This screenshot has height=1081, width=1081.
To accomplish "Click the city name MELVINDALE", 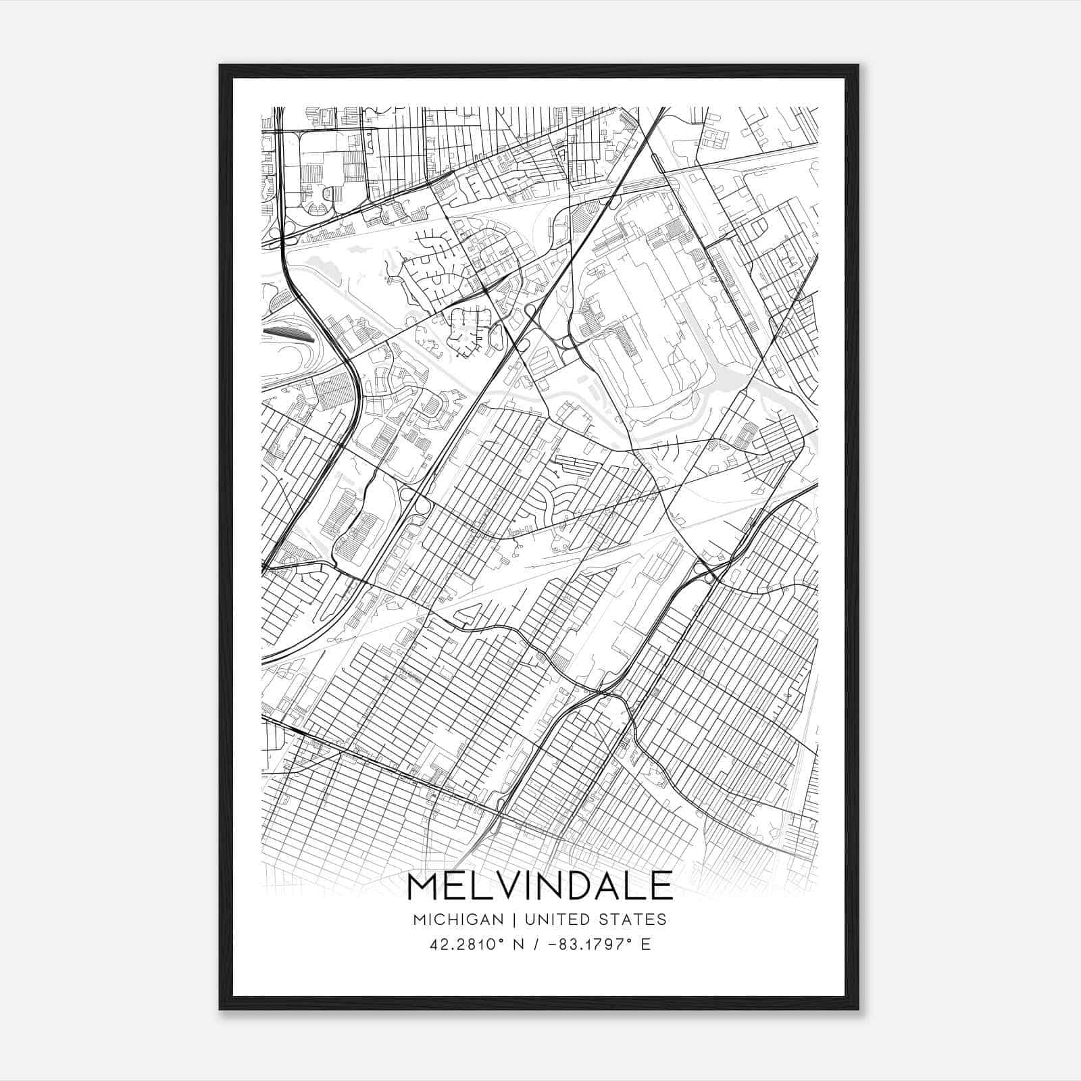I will click(540, 885).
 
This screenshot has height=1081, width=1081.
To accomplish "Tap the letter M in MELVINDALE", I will click(424, 885).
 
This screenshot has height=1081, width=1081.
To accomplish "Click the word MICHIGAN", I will click(459, 919).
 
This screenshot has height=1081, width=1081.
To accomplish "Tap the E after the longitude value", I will click(646, 945).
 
